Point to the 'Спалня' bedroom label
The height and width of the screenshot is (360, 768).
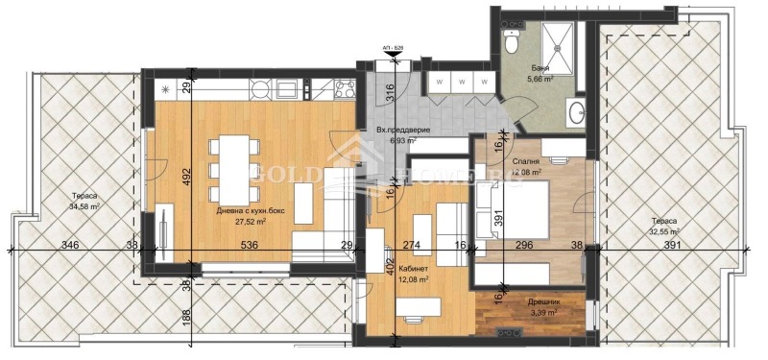[526, 162]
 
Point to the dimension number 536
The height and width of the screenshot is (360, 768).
[250, 246]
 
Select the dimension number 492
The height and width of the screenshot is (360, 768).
[188, 176]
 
